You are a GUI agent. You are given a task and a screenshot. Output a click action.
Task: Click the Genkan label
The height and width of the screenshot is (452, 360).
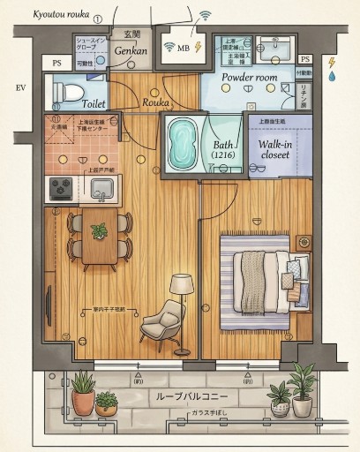[x=131, y=50]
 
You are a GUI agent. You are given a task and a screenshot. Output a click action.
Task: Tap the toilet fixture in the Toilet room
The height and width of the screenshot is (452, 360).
[x=71, y=92]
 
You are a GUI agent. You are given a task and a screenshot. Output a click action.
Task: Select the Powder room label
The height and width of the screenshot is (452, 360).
[x=249, y=78]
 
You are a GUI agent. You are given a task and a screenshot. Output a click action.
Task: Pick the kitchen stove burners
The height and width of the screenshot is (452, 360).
[x=61, y=187]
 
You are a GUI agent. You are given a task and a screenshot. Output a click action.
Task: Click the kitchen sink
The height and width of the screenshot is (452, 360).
[x=103, y=187]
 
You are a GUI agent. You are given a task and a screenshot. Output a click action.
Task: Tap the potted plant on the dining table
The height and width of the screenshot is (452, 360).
[x=99, y=231]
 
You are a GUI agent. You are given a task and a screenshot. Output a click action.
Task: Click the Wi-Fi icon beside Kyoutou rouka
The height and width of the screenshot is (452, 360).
[x=206, y=15]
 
